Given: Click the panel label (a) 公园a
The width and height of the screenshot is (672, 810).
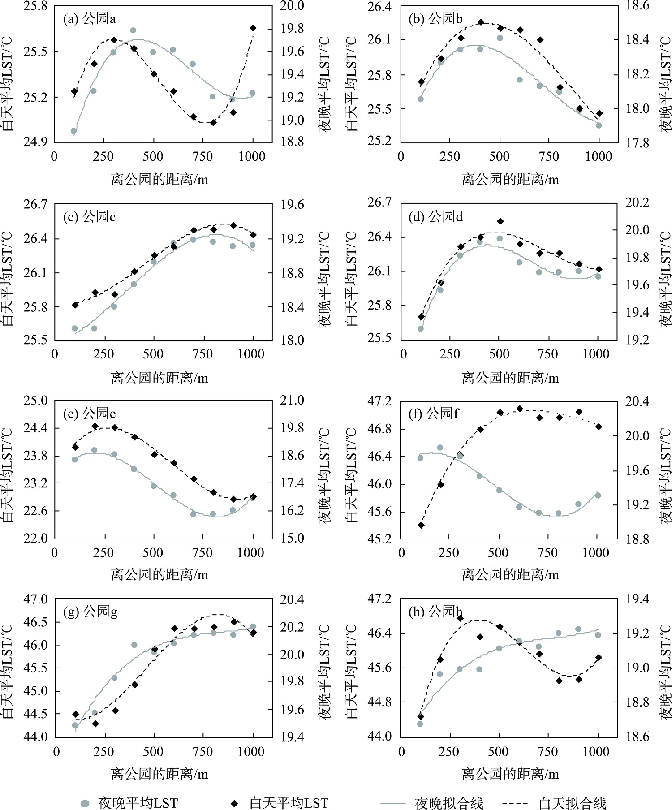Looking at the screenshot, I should point(89,19).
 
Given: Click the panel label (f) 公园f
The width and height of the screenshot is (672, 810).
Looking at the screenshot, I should point(434,413).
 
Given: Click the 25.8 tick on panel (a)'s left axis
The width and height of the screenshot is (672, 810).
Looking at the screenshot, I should point(35,6).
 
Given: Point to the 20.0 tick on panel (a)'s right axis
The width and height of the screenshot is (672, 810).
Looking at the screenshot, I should point(292,6).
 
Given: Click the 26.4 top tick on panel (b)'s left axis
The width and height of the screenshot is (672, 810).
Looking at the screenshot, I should point(379,7).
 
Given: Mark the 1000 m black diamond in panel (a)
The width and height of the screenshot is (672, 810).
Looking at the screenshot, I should point(253,28).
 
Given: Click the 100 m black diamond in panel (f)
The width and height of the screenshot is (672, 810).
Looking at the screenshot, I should point(421,525).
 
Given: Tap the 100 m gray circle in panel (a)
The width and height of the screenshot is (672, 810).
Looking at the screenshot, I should point(74,131).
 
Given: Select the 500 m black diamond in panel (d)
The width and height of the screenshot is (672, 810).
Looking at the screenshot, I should point(500,221).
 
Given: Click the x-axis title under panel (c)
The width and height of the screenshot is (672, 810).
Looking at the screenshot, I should point(159,378).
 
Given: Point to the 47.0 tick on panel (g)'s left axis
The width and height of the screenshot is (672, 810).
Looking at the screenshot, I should point(35,599).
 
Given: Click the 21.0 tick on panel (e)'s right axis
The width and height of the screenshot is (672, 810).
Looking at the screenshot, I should point(292,401).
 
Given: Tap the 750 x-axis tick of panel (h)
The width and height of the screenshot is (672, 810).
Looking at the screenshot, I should point(547,752).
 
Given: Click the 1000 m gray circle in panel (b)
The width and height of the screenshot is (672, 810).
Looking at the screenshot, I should point(599,125).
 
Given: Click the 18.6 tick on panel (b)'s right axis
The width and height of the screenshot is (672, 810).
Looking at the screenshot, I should point(637,6).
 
